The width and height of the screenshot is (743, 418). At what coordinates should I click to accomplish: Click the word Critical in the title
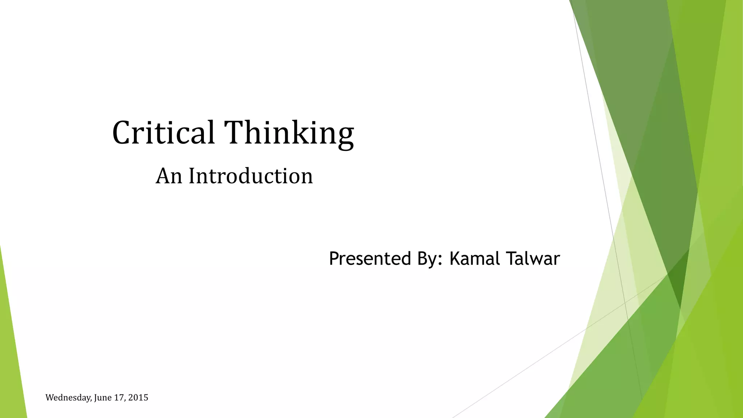[163, 133]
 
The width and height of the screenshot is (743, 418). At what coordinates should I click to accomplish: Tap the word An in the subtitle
[169, 176]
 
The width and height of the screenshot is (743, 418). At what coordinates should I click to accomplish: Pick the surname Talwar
[533, 259]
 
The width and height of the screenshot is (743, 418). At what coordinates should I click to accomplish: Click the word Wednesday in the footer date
[68, 398]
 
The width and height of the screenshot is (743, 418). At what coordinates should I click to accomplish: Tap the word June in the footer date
[103, 398]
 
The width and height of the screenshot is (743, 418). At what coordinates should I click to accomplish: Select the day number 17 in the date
[119, 398]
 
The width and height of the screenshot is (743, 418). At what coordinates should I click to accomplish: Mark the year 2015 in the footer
[138, 398]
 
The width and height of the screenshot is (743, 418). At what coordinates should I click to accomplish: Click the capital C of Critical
[122, 133]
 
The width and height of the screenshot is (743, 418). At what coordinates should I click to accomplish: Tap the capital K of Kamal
[455, 259]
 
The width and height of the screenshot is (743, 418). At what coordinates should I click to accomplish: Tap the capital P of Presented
[334, 259]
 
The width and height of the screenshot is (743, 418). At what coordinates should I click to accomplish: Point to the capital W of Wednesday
[49, 398]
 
